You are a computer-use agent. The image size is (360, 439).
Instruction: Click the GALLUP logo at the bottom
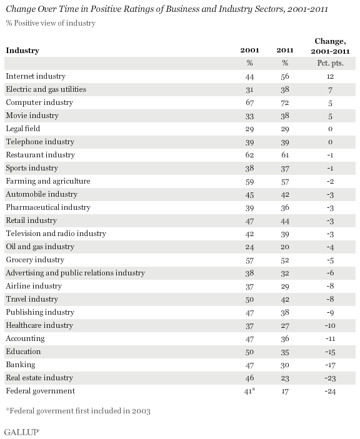[x=22, y=432]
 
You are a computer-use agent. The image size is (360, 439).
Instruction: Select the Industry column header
[x=22, y=51]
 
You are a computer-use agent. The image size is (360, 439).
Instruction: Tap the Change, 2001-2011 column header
[x=330, y=46]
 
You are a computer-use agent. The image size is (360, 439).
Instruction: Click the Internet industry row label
[x=36, y=76]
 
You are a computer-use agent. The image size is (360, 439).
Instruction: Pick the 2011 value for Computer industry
[x=285, y=103]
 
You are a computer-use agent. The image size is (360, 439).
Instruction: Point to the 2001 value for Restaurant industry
[x=249, y=155]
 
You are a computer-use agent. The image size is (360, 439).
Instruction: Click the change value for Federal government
[x=330, y=391]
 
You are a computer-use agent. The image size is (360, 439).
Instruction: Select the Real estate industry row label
[x=39, y=378]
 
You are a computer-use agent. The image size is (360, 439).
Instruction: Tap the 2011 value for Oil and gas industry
[x=285, y=247]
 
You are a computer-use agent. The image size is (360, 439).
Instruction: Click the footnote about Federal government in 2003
[x=78, y=411]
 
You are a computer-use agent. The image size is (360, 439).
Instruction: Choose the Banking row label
[x=21, y=365]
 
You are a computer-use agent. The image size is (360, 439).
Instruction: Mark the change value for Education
[x=330, y=352]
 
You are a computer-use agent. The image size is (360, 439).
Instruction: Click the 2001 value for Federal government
[x=249, y=391]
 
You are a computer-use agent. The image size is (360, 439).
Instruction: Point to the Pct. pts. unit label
[x=330, y=63]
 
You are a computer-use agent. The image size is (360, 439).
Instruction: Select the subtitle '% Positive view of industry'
[x=51, y=23]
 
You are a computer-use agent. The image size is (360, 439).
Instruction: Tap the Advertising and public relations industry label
[x=76, y=273]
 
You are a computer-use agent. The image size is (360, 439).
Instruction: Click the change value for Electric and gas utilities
[x=330, y=90]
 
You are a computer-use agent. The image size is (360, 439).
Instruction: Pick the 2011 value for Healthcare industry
[x=285, y=325]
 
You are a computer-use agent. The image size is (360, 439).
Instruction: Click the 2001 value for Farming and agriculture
[x=249, y=182]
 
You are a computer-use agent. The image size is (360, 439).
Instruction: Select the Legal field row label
[x=23, y=129]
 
